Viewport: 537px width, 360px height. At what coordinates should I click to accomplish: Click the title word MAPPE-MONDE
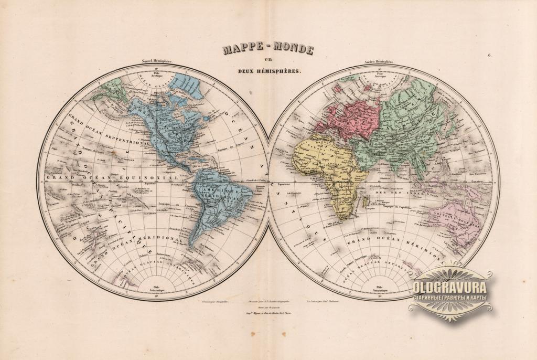tap(268, 50)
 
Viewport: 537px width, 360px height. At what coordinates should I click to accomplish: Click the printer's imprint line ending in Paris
tap(268, 311)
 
